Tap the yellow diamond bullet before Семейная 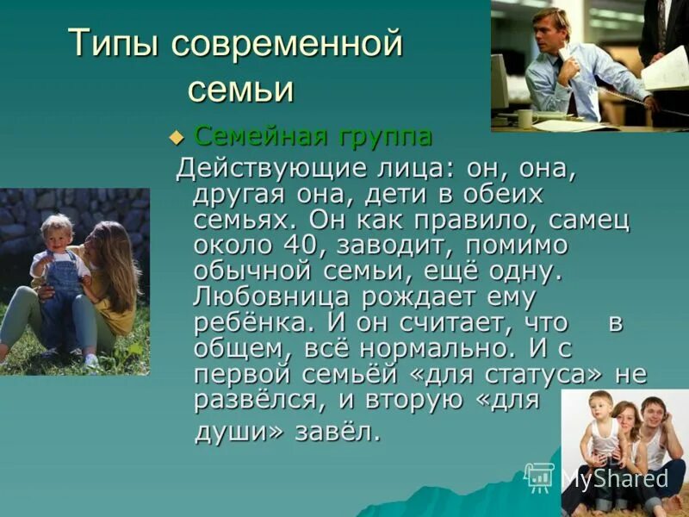(x=177, y=137)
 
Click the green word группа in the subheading (x=384, y=136)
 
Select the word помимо (x=517, y=246)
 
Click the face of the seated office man (x=550, y=28)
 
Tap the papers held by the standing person (x=666, y=71)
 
